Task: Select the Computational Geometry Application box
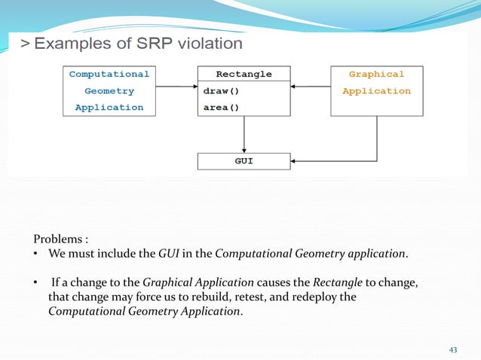coord(109,91)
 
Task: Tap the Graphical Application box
coord(376,91)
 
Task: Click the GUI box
coord(244,161)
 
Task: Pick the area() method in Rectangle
coord(221,108)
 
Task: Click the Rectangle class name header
coord(244,75)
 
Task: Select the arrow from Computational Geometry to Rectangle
coord(173,87)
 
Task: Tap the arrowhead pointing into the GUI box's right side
coord(295,161)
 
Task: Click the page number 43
coord(453,349)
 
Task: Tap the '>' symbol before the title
coord(25,44)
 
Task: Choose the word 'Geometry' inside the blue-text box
coord(109,91)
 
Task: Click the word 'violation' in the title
coord(207,44)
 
